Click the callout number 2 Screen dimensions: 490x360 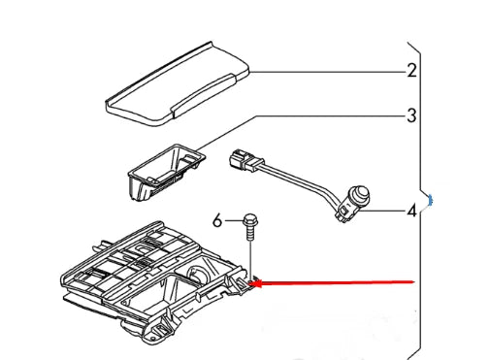pos(411,71)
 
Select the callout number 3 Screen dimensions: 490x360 pos(411,115)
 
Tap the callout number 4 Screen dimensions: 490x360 pos(411,212)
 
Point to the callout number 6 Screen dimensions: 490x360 pos(217,221)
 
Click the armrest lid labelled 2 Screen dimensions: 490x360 pos(178,84)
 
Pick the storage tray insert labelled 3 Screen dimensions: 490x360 pos(166,173)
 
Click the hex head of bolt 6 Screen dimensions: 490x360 pos(249,220)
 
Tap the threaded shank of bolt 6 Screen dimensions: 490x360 pos(250,233)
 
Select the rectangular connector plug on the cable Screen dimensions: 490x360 pos(245,160)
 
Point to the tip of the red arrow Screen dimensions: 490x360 pos(250,284)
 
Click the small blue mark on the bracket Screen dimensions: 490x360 pos(430,200)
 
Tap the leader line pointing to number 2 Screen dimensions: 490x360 pos(328,72)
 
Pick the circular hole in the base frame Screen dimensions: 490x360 pos(199,274)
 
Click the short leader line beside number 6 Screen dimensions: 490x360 pos(233,221)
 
